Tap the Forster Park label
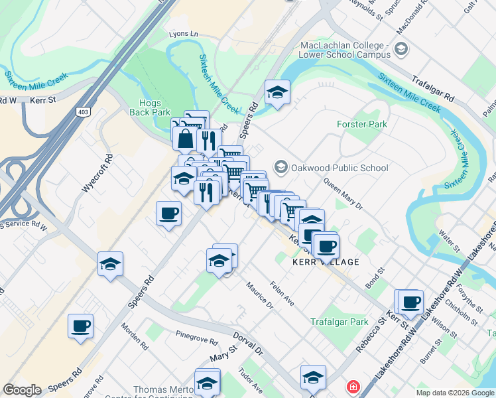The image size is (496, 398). click(361, 124)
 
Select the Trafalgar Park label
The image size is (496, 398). click(340, 322)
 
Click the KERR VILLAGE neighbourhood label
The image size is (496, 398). click(326, 262)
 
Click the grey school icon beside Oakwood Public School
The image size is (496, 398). click(281, 167)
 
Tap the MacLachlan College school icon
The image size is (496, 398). click(401, 48)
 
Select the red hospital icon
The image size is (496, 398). click(353, 386)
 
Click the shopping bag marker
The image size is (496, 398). click(185, 139)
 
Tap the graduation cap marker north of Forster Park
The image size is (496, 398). click(277, 93)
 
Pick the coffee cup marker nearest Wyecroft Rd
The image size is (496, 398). click(168, 214)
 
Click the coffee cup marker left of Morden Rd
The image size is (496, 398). click(80, 326)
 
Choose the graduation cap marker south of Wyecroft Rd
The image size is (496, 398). click(110, 265)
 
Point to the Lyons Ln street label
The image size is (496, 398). click(184, 33)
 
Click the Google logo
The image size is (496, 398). click(22, 390)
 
